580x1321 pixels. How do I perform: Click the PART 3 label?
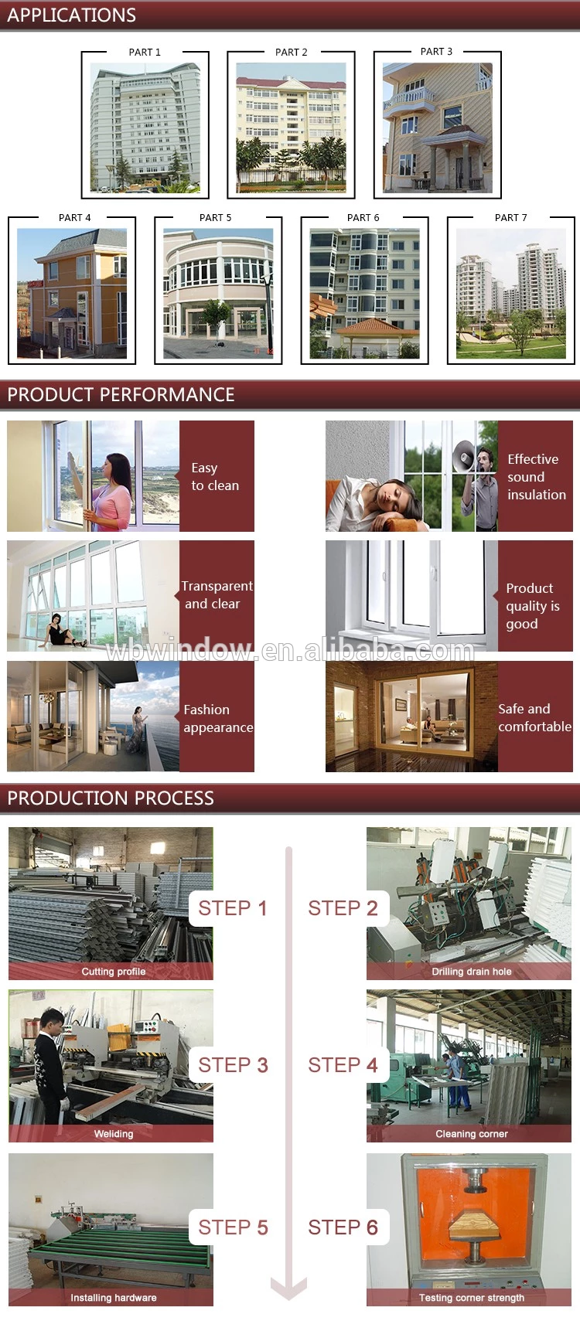(x=437, y=52)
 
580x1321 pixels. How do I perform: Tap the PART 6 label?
(x=363, y=218)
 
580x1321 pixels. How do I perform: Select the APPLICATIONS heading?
(x=71, y=15)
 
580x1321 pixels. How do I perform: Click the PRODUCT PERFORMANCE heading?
(x=121, y=394)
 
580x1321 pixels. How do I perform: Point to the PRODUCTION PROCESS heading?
(x=111, y=798)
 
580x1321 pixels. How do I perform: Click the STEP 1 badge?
(x=232, y=908)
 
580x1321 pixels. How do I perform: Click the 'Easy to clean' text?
(x=215, y=476)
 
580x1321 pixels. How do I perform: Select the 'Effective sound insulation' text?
(x=537, y=476)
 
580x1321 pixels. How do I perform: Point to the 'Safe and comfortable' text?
(x=534, y=718)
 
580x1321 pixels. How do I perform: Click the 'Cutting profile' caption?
(x=113, y=972)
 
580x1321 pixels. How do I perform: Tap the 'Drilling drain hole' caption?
(x=472, y=972)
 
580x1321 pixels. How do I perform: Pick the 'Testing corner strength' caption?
(x=472, y=1297)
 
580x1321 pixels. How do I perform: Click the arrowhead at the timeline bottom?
(x=288, y=1289)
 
